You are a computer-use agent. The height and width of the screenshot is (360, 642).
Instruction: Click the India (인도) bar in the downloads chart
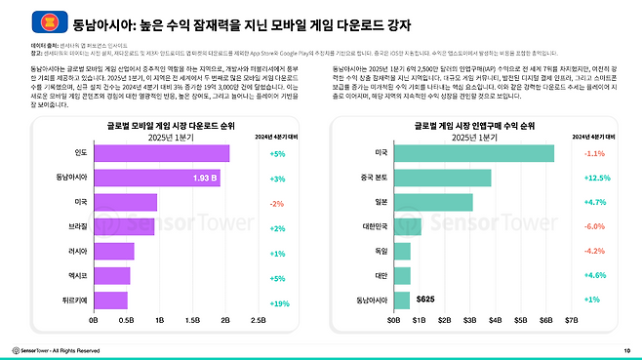point(161,154)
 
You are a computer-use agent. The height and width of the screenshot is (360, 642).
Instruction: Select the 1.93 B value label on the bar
point(205,179)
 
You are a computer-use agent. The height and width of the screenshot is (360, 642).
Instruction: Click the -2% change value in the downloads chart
point(277,203)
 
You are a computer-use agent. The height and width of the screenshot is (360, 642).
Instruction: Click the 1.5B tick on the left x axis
point(192,319)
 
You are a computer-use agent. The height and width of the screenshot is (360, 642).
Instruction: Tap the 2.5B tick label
point(259,319)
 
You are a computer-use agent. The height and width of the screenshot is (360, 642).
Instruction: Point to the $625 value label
point(425,299)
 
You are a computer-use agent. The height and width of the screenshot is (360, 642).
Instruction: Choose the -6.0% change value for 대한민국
point(595,227)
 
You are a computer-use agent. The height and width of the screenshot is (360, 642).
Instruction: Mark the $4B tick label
point(494,319)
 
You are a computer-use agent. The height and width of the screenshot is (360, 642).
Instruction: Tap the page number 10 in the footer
point(626,349)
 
